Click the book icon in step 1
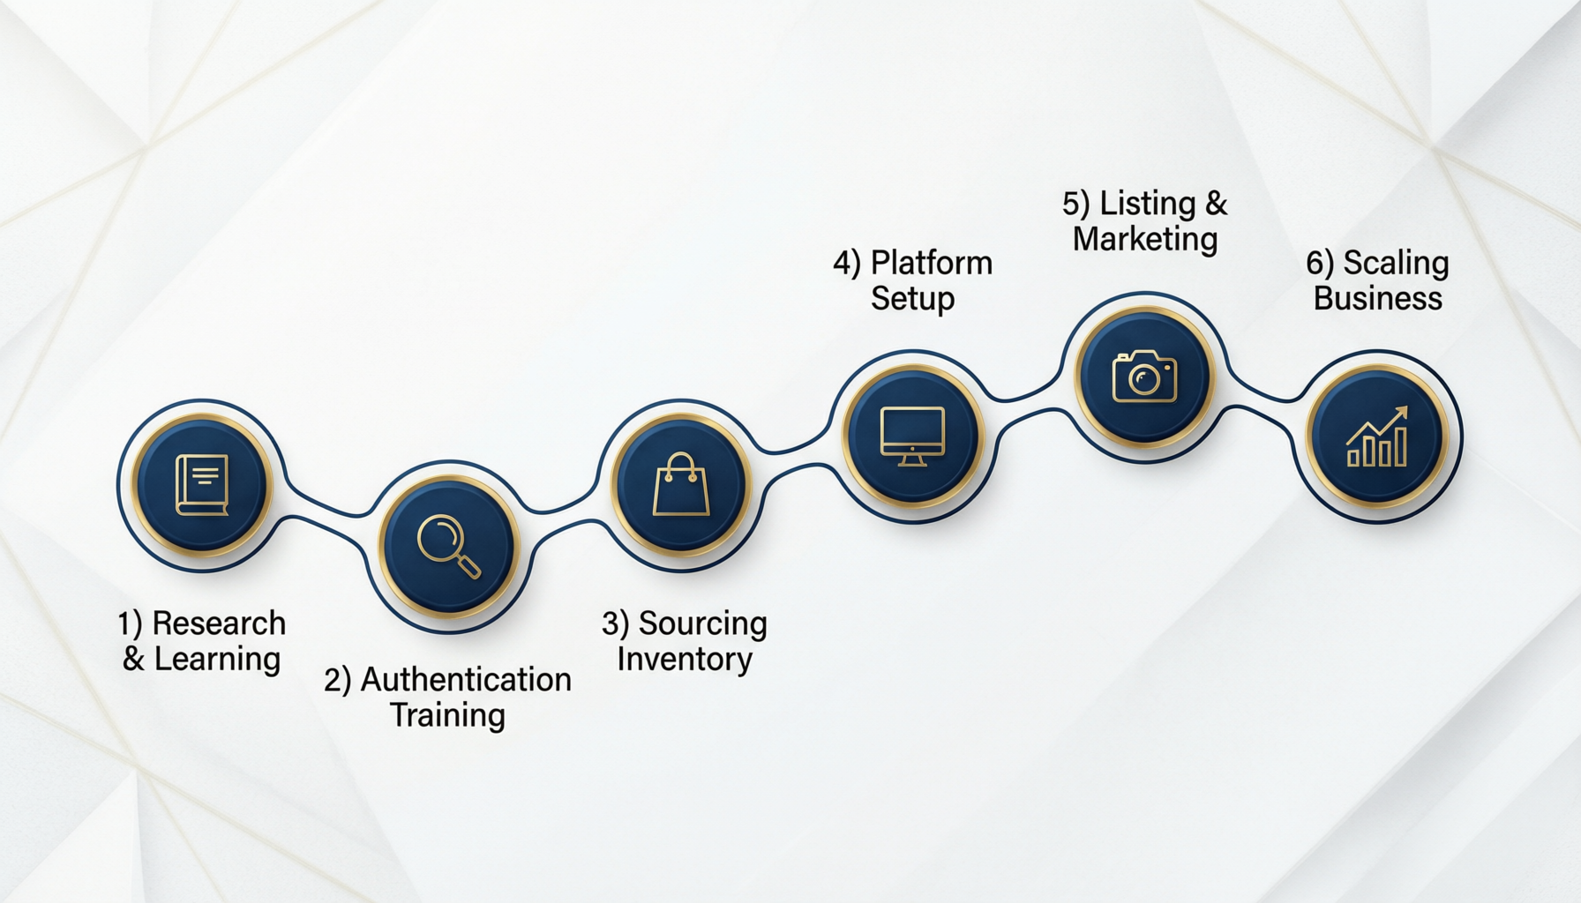coord(202,485)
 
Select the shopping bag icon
coord(680,484)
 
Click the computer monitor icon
coord(912,437)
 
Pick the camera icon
coord(1144,377)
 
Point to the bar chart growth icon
coord(1377,437)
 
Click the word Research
coord(219,623)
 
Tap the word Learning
coord(217,659)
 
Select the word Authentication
coord(466,680)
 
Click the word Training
coord(447,715)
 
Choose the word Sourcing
coord(702,623)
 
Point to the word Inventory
coord(685,659)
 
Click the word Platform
coord(931,263)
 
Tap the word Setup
coord(912,299)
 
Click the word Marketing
coord(1145,239)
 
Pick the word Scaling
coord(1396,263)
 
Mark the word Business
coord(1378,298)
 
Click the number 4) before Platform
coord(846,263)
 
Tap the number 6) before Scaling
coord(1320,263)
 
